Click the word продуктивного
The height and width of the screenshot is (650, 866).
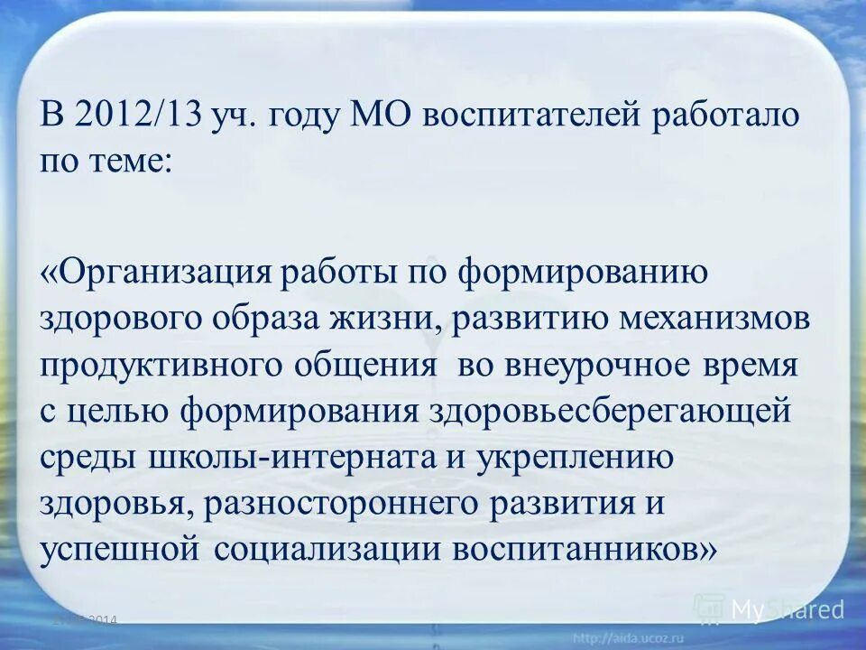[158, 367]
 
